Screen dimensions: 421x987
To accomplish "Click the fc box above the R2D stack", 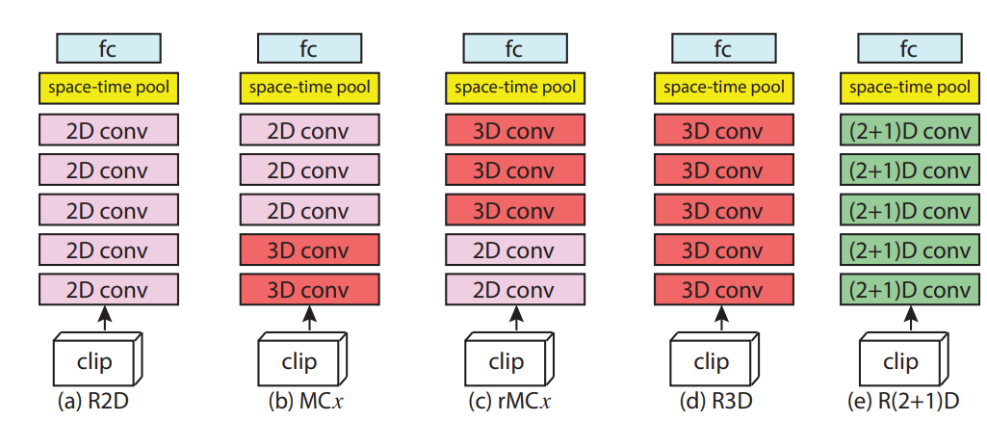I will [x=108, y=47].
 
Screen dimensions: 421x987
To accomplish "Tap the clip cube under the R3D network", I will [x=712, y=362].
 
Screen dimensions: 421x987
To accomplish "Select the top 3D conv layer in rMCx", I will [x=514, y=130].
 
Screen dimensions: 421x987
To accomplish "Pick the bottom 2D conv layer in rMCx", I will [x=514, y=289].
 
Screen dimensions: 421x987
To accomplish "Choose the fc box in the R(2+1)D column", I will [x=907, y=47].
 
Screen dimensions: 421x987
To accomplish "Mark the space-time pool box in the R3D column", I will [x=721, y=89].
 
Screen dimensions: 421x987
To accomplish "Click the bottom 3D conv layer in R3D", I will [x=721, y=289].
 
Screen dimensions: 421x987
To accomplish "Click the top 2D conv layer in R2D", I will [x=108, y=130].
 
